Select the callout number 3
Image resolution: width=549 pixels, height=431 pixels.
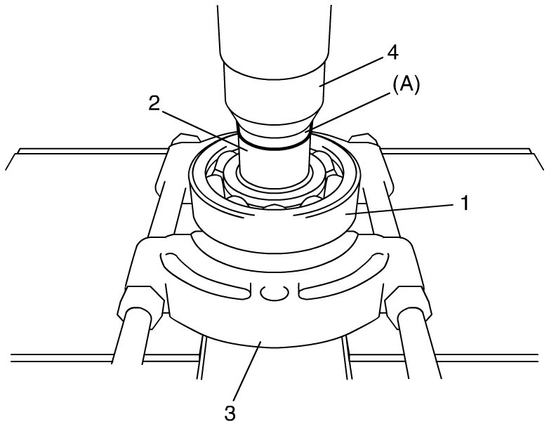(x=229, y=411)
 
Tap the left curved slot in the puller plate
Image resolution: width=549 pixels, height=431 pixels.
(x=204, y=274)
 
